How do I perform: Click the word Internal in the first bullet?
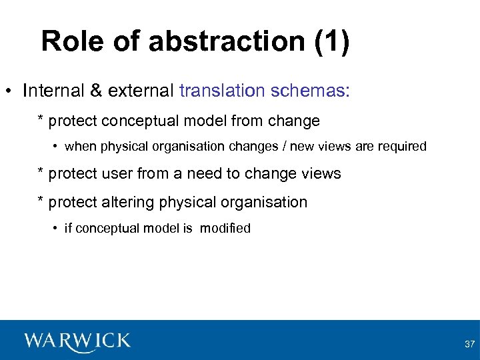tap(51, 91)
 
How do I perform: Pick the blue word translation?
tap(222, 91)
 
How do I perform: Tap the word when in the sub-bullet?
tap(79, 147)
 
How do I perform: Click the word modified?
tap(225, 229)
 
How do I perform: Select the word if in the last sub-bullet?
tap(67, 229)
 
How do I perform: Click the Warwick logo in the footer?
tap(77, 341)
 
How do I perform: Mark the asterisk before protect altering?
tap(41, 201)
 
